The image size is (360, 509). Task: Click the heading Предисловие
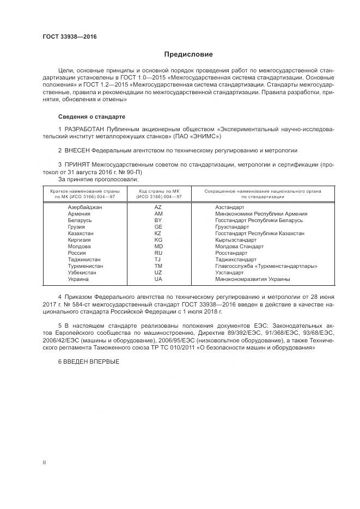click(x=188, y=54)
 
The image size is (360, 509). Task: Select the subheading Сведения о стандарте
click(x=91, y=117)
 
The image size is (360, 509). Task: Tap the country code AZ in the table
click(x=158, y=207)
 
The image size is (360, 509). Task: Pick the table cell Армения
click(x=79, y=214)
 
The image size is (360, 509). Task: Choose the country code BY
click(x=158, y=220)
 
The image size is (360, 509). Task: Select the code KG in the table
click(x=158, y=240)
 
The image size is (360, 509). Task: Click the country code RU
click(x=158, y=253)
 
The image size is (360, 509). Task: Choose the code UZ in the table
click(x=158, y=273)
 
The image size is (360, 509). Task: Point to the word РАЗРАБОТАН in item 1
click(x=84, y=128)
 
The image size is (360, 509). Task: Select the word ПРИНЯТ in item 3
click(x=78, y=164)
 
